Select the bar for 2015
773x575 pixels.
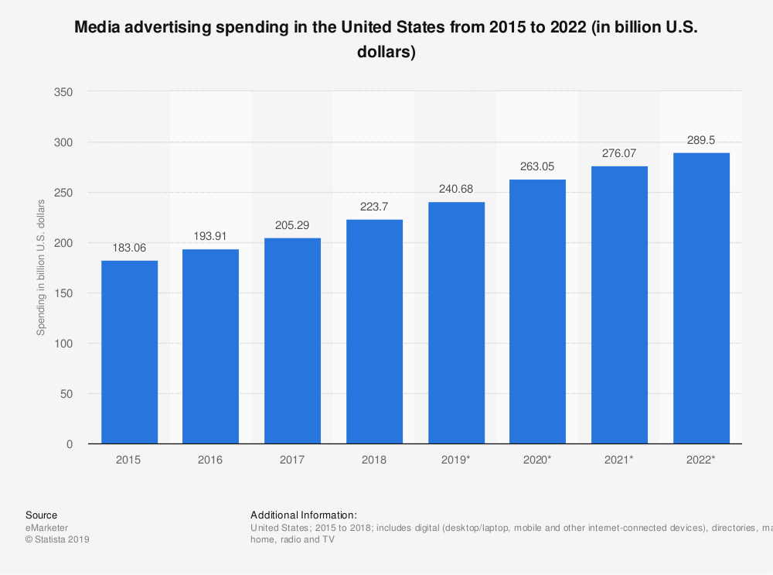(129, 352)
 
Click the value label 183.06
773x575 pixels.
(129, 248)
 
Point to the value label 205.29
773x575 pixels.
(292, 224)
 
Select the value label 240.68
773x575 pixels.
(456, 189)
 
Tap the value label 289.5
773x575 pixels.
(701, 140)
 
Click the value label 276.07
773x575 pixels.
(619, 153)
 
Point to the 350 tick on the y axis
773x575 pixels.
(63, 92)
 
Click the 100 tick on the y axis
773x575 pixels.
(63, 344)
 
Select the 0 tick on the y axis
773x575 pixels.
(70, 444)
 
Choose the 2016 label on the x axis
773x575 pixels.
(210, 460)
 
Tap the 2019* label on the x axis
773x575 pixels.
(456, 460)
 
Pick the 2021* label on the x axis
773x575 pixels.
(619, 460)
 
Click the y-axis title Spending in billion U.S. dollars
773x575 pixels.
(41, 267)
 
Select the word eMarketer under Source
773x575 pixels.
(47, 528)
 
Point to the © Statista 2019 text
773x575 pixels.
(58, 540)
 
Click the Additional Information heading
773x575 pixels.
(304, 515)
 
